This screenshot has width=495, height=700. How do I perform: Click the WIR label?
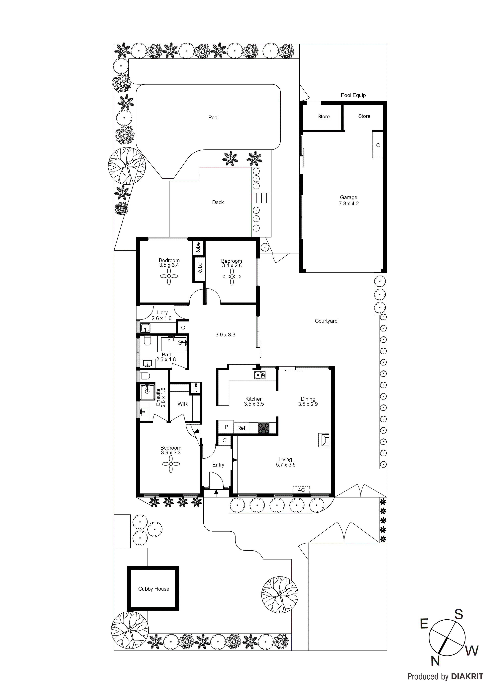click(182, 404)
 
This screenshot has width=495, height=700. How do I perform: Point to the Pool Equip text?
click(353, 95)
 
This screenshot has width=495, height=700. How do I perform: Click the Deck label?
click(218, 203)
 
